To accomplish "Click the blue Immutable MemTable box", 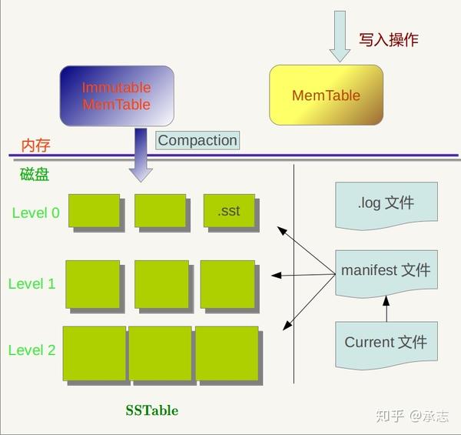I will (117, 96).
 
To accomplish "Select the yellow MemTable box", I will (326, 95).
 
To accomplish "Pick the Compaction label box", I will (197, 140).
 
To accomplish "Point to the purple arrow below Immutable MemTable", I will (140, 155).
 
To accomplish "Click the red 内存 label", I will (36, 146).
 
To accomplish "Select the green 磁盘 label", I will (35, 174).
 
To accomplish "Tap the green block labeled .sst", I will (229, 211).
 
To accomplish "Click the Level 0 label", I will (35, 212).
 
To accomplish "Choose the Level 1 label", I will (32, 283).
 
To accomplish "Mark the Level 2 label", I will (32, 350).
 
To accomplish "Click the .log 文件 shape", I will (386, 204).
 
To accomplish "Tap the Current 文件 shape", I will (386, 343).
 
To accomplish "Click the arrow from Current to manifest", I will (386, 310).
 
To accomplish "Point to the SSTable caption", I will (152, 410).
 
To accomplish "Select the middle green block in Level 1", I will (161, 283).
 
